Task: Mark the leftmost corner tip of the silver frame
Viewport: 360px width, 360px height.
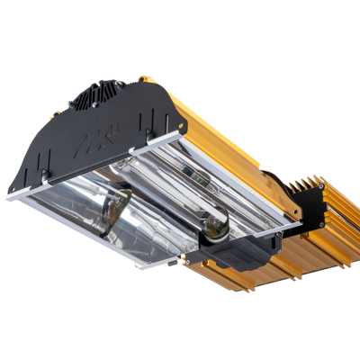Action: click(x=7, y=196)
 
